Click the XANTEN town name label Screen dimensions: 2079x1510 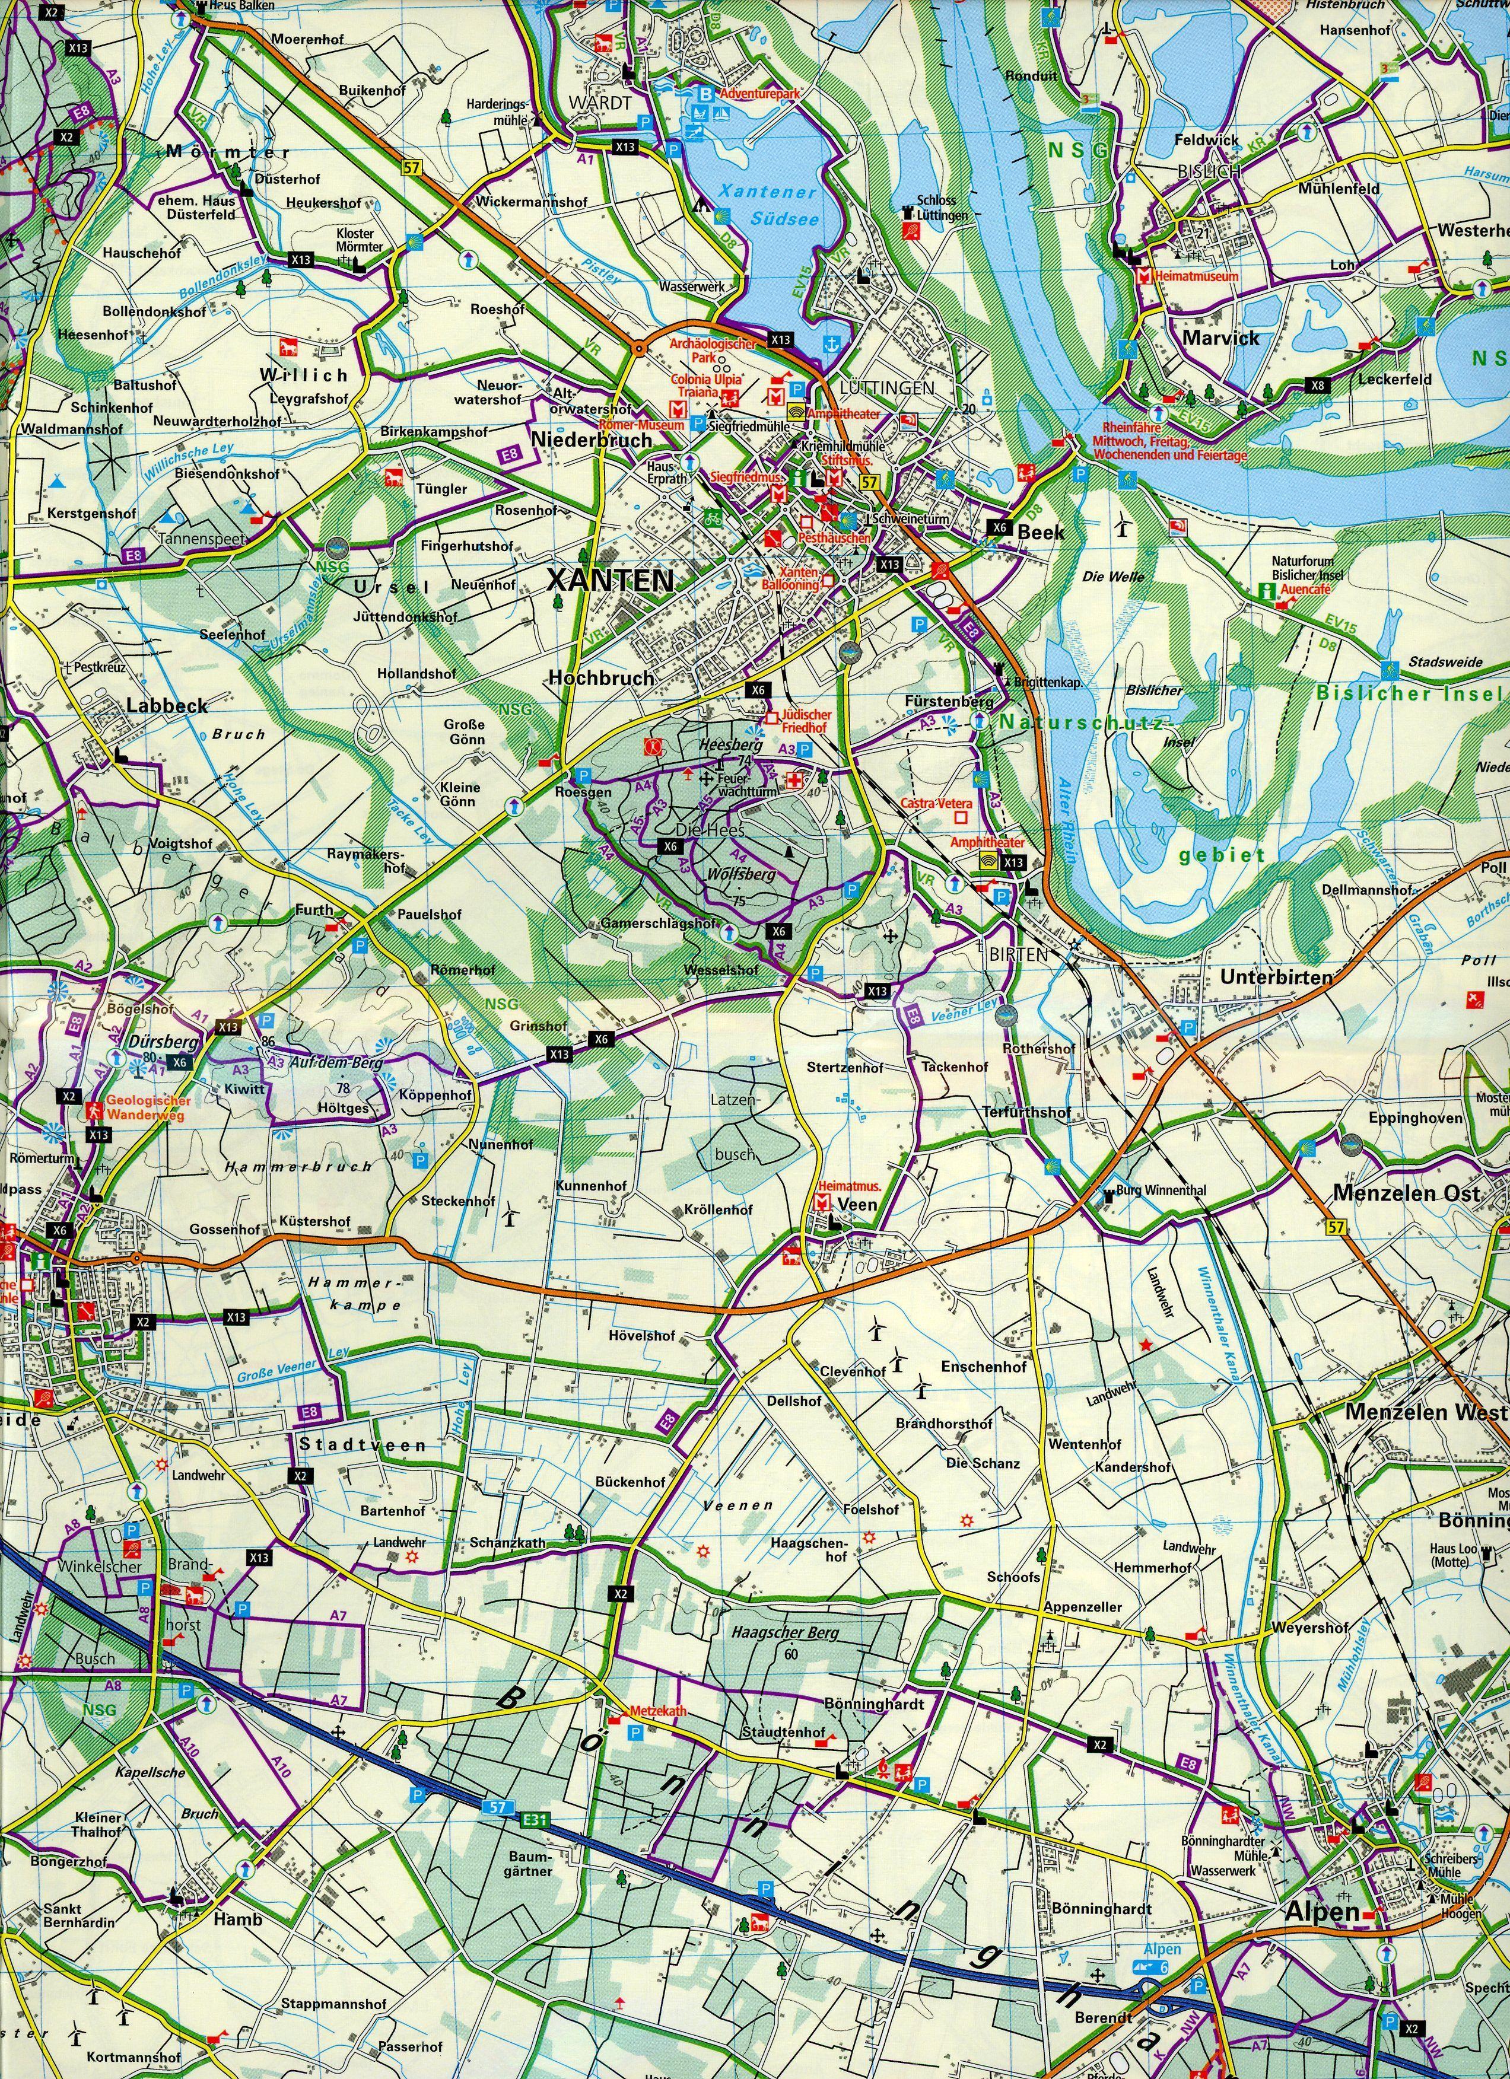coord(610,580)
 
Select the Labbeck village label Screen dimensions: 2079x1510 coord(168,706)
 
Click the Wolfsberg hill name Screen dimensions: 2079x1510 coord(741,874)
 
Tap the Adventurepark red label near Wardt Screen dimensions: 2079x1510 coord(760,94)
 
